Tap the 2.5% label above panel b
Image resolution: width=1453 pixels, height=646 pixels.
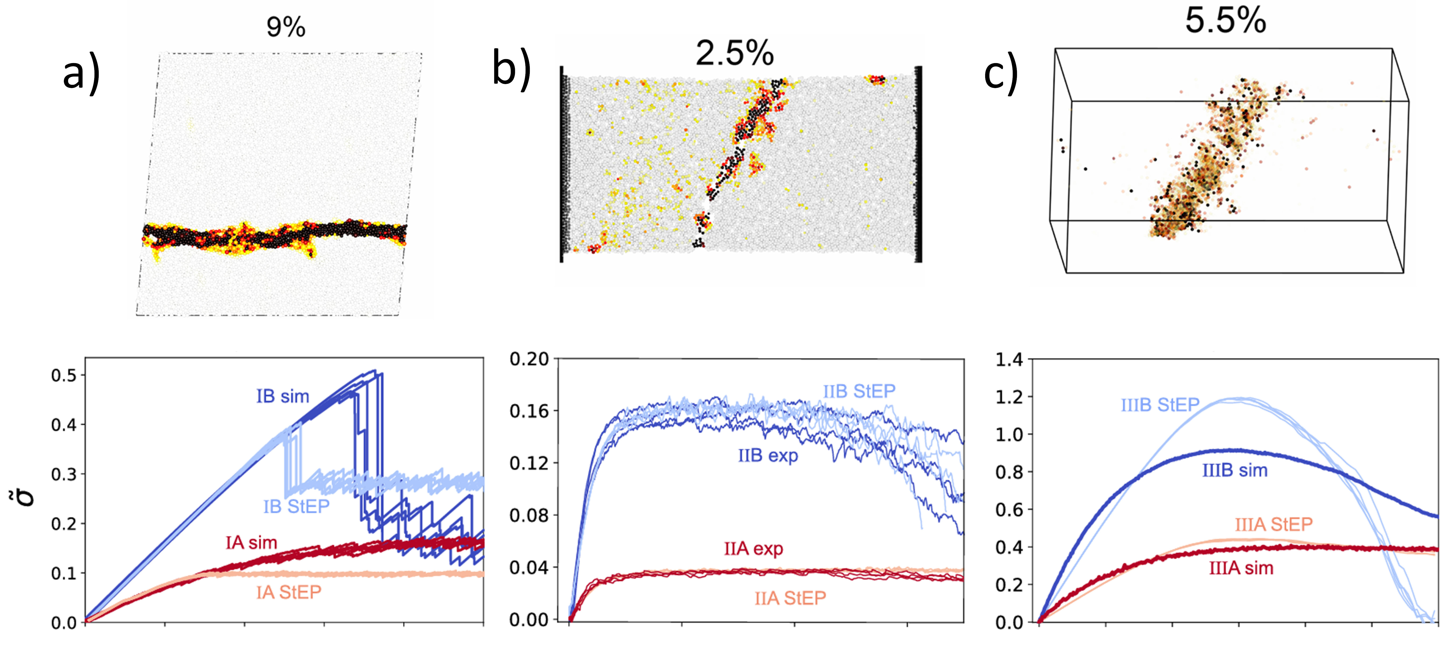(x=735, y=53)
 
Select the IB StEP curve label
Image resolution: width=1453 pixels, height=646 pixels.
(x=296, y=506)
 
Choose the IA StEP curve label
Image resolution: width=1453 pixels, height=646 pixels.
(x=289, y=592)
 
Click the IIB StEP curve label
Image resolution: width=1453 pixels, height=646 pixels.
(x=859, y=391)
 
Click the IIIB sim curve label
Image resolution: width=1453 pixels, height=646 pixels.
(x=1235, y=470)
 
